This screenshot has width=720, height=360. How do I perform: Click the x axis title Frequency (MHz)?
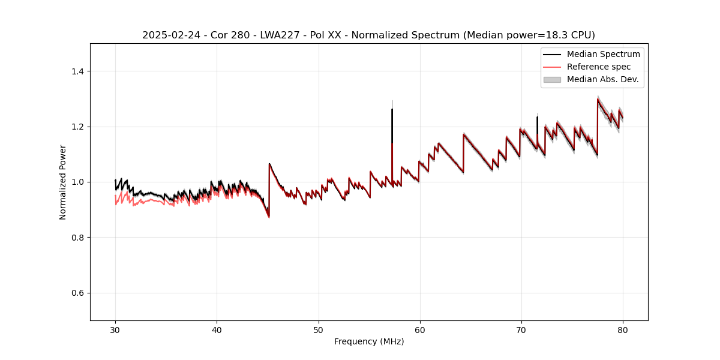click(x=369, y=341)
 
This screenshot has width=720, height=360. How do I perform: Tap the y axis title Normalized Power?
click(x=63, y=182)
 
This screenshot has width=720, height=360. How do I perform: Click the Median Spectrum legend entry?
click(x=603, y=54)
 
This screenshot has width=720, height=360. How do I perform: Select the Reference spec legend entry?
click(x=598, y=67)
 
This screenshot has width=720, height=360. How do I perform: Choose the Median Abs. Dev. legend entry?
click(x=602, y=79)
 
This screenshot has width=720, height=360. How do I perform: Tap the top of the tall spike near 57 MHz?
click(x=392, y=109)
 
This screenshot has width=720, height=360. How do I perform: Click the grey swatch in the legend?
click(x=552, y=79)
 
